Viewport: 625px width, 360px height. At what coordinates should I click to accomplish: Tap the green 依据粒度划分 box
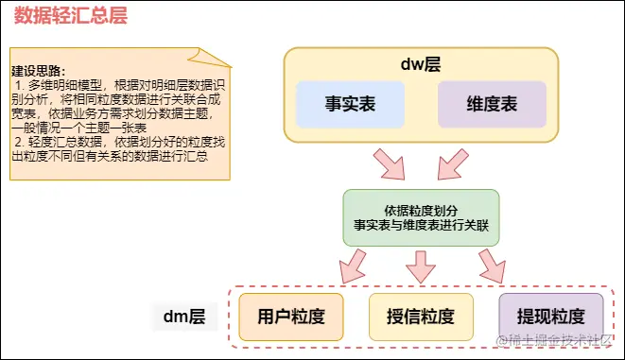click(420, 217)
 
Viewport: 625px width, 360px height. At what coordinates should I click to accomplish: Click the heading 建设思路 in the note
click(39, 71)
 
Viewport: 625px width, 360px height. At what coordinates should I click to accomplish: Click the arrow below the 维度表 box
click(449, 164)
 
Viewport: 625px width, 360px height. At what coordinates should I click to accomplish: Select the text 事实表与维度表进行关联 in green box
click(420, 226)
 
